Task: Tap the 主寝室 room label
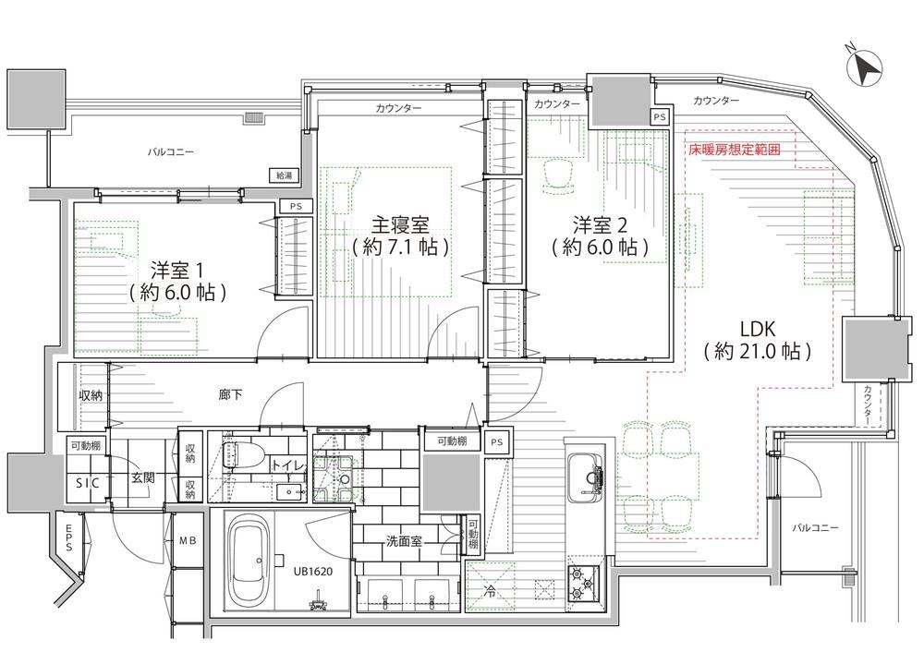(400, 224)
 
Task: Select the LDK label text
(757, 329)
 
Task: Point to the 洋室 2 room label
(601, 224)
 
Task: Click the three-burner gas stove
(583, 583)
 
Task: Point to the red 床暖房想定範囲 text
(735, 150)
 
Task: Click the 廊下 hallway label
(230, 394)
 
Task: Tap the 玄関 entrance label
(142, 477)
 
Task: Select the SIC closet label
(88, 483)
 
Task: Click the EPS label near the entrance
(69, 538)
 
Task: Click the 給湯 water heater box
(284, 175)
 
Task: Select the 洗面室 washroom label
(405, 540)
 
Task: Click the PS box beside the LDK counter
(660, 117)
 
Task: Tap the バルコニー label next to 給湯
(170, 152)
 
